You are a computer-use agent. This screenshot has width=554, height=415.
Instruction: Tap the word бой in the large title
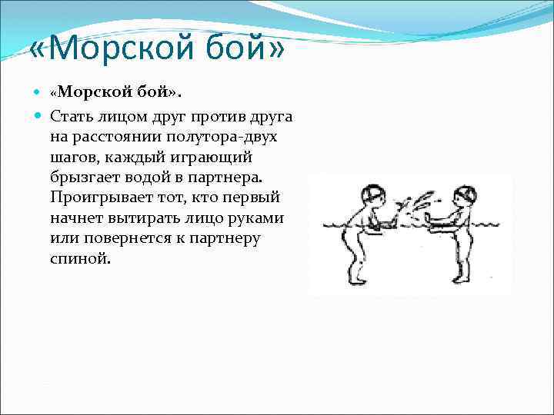click(x=245, y=52)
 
